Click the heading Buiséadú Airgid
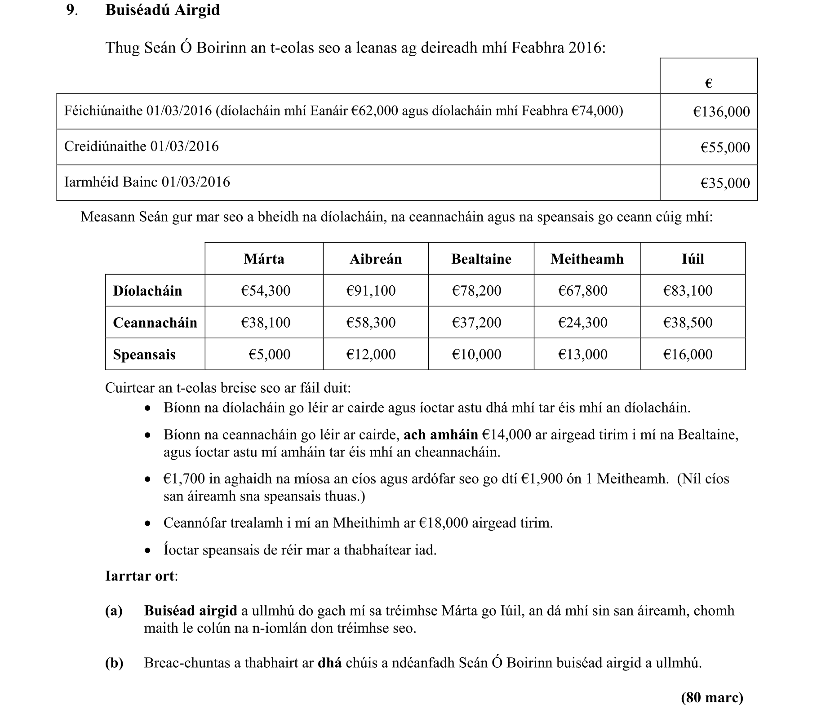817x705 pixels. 162,10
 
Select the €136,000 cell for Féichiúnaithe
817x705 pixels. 721,111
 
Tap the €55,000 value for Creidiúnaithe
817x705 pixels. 725,147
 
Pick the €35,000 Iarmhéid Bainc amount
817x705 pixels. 725,183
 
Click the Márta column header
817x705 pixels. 264,259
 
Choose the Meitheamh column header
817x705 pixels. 587,259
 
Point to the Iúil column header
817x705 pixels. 693,259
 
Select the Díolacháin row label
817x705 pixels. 147,291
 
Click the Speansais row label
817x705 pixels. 144,355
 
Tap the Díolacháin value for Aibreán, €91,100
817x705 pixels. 371,291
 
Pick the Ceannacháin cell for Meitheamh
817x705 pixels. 582,323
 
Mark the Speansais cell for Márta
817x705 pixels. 269,355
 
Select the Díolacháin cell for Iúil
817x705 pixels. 688,291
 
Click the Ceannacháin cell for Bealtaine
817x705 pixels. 476,323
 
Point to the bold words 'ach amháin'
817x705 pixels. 440,435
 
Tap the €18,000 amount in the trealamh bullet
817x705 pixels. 443,523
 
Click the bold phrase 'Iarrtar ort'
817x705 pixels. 140,576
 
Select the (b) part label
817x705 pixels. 114,663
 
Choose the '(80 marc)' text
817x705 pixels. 712,697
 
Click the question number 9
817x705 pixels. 71,10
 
